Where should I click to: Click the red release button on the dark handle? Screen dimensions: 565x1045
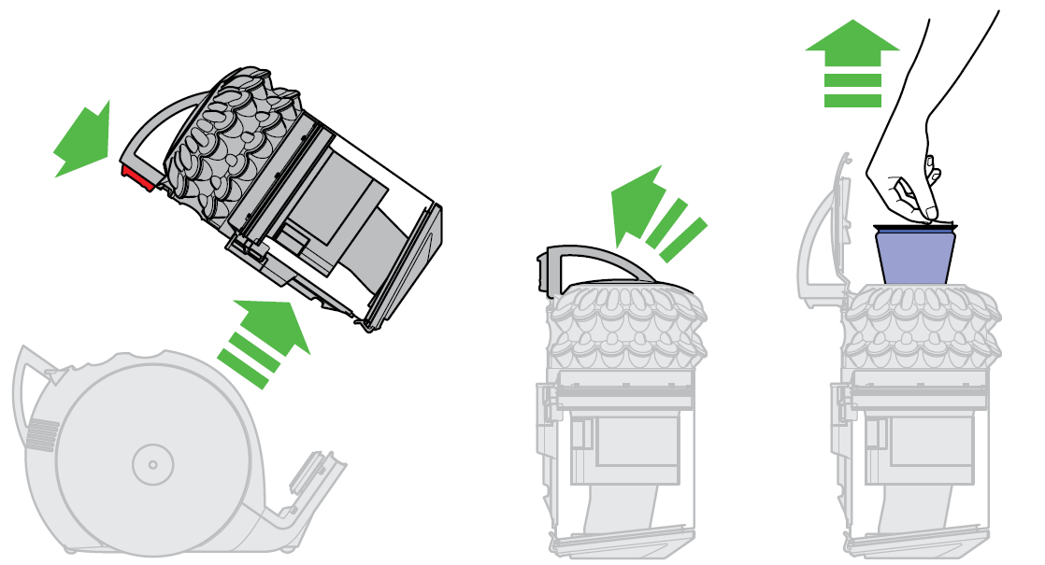136,177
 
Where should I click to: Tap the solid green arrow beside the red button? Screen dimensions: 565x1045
85,140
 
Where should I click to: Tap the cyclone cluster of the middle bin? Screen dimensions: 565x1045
623,327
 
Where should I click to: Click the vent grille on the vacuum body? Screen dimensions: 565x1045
42,434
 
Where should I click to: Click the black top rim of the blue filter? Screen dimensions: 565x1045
915,226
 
